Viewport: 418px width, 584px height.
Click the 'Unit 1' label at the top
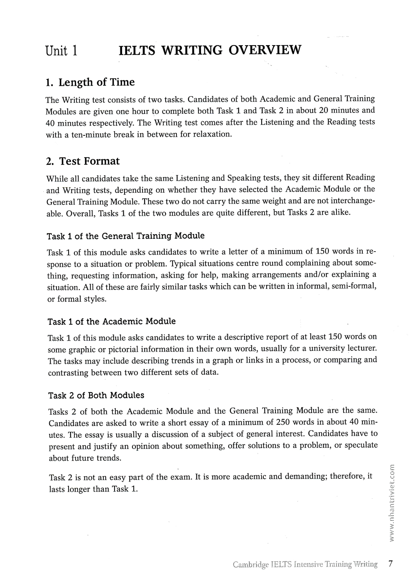click(x=61, y=51)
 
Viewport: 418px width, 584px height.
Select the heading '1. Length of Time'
click(x=90, y=82)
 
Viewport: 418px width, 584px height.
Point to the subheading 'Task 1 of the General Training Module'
click(x=126, y=236)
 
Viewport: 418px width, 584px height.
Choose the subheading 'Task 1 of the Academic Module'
click(x=112, y=321)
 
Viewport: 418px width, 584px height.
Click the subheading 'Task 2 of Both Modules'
click(x=96, y=395)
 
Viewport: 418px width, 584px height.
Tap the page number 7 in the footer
click(x=390, y=564)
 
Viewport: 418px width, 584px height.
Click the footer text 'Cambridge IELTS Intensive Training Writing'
click(x=305, y=564)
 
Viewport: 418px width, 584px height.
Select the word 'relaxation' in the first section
click(x=211, y=135)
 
